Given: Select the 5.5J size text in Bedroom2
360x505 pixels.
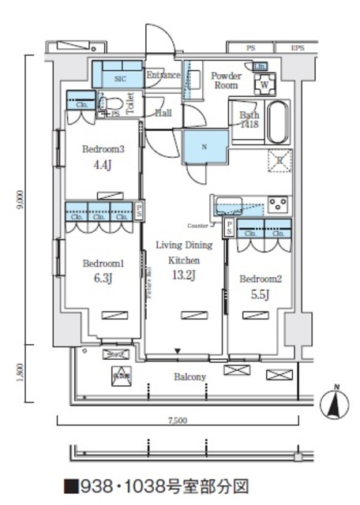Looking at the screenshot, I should point(261,295).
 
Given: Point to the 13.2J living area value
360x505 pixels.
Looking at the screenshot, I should point(182,275).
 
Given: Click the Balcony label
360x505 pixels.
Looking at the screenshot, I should point(189,377).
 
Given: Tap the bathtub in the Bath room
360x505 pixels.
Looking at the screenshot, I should point(279,121).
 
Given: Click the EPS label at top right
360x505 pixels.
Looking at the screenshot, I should point(297,48).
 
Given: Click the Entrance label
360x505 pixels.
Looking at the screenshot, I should point(163,75).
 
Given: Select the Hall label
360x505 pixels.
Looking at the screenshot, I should point(163,113).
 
